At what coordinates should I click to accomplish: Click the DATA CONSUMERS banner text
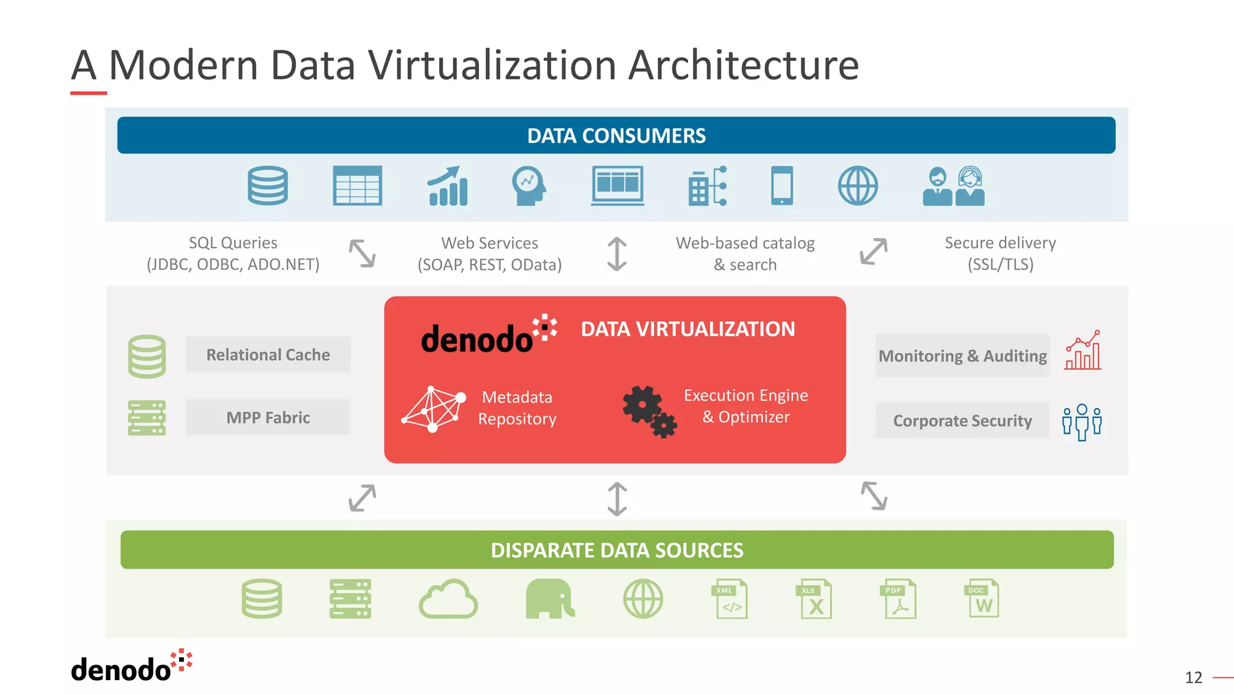point(616,136)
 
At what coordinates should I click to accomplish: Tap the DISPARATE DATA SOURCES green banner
point(616,550)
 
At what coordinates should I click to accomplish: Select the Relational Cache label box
point(268,355)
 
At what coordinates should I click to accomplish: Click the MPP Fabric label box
point(268,417)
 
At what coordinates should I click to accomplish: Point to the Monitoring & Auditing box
point(962,356)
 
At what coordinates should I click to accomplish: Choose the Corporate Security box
point(962,420)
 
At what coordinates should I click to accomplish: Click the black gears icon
point(649,411)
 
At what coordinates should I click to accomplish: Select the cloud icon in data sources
point(448,599)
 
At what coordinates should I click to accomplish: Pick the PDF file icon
point(900,599)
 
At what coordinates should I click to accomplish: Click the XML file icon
point(730,599)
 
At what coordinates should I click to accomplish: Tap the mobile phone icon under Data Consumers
point(782,186)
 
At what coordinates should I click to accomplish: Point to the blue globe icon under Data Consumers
point(858,186)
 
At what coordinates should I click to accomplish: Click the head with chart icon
point(528,186)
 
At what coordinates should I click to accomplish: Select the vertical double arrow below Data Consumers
point(617,254)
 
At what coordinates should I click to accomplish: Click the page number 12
point(1193,678)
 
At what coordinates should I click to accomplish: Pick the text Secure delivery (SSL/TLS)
point(1000,254)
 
